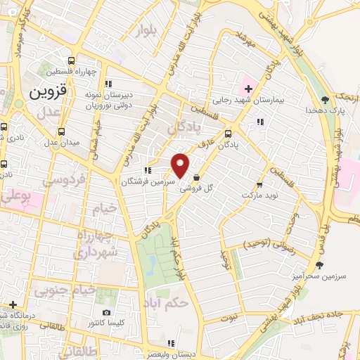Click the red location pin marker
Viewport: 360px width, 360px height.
tap(180, 165)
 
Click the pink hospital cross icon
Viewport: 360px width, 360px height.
tap(247, 89)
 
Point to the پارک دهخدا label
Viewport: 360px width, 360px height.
tap(323, 110)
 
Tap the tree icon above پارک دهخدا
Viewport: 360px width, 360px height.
tap(324, 99)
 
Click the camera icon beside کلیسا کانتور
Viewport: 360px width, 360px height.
tap(106, 312)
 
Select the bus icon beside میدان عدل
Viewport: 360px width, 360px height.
tap(62, 131)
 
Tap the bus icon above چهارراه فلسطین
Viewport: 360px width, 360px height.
tap(70, 61)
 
